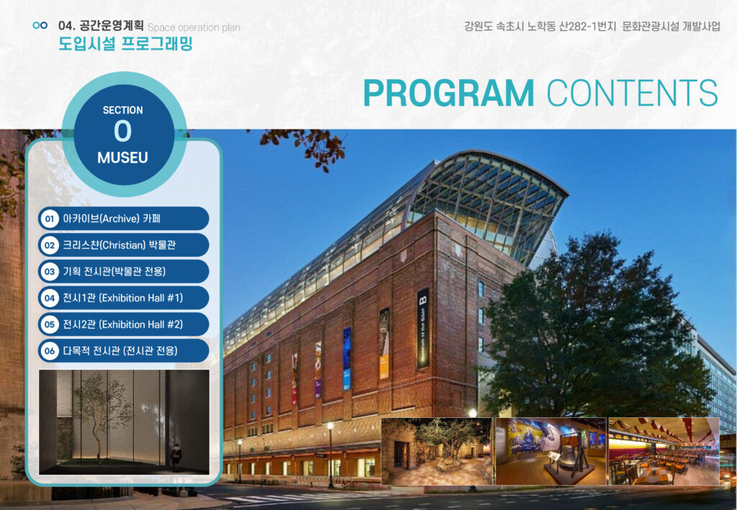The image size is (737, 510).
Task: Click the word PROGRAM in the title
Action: pos(449,93)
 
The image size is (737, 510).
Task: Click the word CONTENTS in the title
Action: pos(633,93)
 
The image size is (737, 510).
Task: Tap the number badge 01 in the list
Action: pos(50,219)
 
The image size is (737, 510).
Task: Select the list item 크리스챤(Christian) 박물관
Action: pos(124,245)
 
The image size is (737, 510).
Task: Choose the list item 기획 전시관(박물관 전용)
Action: pos(124,271)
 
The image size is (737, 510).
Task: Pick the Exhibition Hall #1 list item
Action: pos(124,298)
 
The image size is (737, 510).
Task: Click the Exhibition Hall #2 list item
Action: pos(124,324)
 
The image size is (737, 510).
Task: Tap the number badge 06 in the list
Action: pos(50,351)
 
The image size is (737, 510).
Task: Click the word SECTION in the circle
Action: pos(122,110)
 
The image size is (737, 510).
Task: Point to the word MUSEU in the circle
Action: pos(122,158)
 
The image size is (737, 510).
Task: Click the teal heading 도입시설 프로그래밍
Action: pos(125,44)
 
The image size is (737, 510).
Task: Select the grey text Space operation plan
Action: pos(194,27)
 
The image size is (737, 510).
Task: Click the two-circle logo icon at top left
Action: pos(40,25)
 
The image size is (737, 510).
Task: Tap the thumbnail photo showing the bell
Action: pos(551,451)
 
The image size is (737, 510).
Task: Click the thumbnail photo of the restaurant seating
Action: pos(664,451)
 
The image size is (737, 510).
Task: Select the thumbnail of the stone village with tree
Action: pos(437,451)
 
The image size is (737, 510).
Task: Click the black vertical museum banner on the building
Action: pos(423,328)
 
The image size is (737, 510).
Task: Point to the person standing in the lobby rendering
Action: pos(176,457)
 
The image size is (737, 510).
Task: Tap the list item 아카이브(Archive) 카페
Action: pos(124,219)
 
